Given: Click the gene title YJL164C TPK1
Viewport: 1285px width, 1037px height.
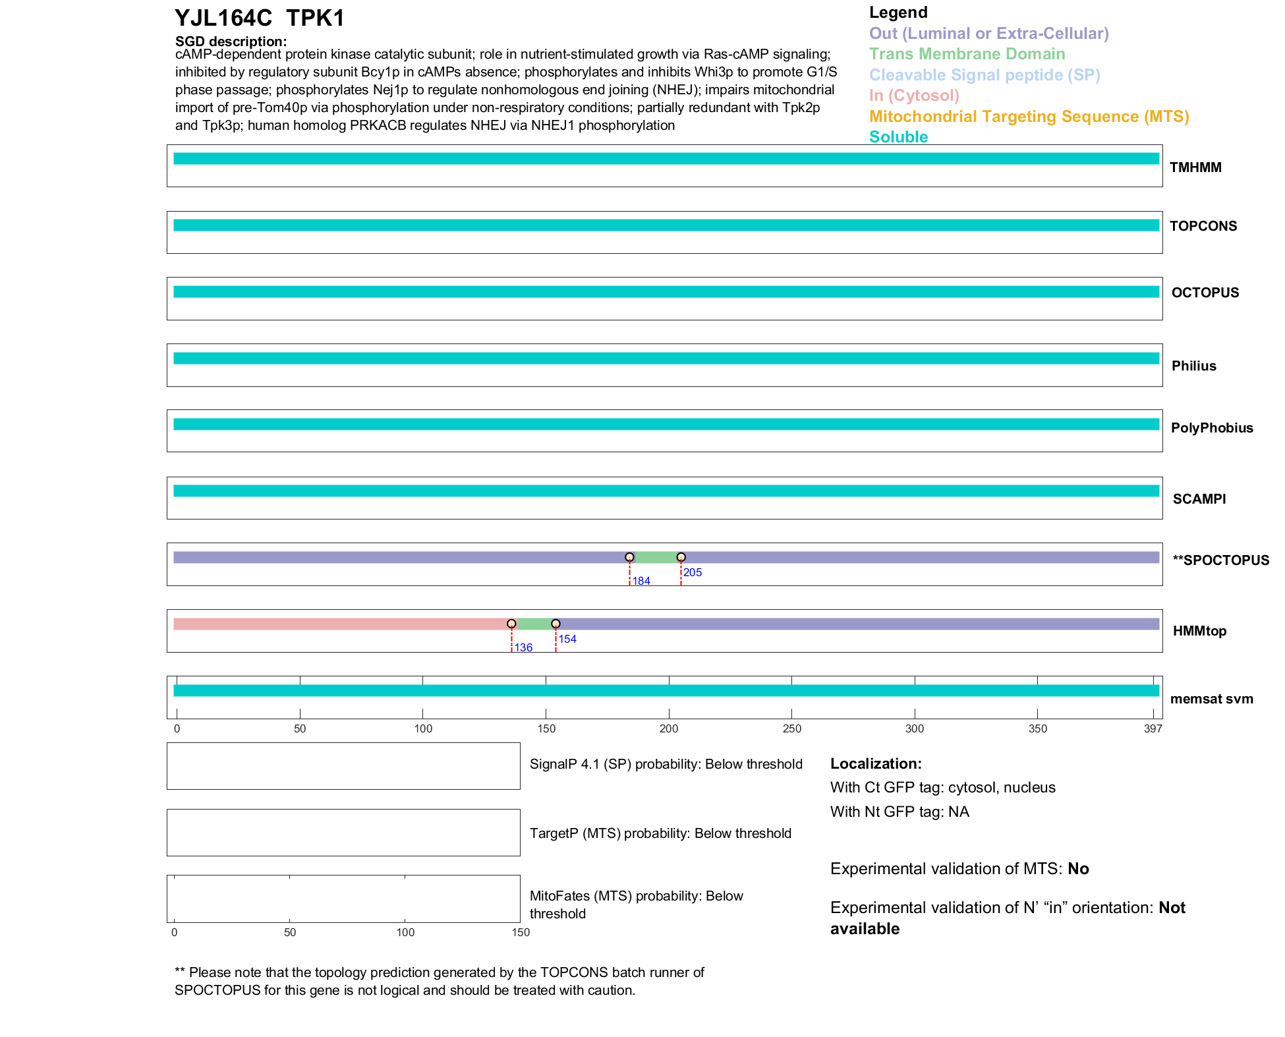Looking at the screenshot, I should tap(260, 18).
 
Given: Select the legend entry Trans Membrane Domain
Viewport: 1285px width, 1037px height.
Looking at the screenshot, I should tap(967, 54).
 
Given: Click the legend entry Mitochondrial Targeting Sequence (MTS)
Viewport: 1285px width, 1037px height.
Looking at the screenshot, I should tap(1029, 117).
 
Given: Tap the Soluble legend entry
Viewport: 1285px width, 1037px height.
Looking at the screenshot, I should tap(898, 137).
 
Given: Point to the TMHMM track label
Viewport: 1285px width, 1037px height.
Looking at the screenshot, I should tap(1195, 167).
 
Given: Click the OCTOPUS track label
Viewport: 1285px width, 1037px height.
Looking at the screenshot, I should tap(1205, 293).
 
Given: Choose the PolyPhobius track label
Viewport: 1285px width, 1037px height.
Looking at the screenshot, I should tap(1211, 428).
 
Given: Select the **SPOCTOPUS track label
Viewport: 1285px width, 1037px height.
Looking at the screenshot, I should tap(1220, 560).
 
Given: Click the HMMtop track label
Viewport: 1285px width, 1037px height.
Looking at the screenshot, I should tap(1199, 631).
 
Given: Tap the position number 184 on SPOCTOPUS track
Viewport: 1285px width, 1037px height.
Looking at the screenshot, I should tap(641, 581).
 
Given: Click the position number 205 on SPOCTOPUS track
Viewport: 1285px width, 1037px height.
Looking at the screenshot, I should tap(693, 572).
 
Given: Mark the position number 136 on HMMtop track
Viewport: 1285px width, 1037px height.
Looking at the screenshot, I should tap(523, 647).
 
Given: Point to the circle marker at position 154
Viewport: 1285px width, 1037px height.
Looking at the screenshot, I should tap(556, 624).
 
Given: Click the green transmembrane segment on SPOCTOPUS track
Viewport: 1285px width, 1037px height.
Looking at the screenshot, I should tap(655, 557).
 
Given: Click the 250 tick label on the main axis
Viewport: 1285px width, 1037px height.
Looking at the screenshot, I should tap(791, 728).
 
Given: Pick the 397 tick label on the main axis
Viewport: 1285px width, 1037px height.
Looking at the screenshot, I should tap(1153, 728).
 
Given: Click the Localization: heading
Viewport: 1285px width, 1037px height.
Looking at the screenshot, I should tap(876, 763).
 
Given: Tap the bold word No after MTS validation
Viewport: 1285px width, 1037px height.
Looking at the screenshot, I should tap(1078, 869).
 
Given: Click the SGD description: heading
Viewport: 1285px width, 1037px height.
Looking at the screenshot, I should tap(231, 42).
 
